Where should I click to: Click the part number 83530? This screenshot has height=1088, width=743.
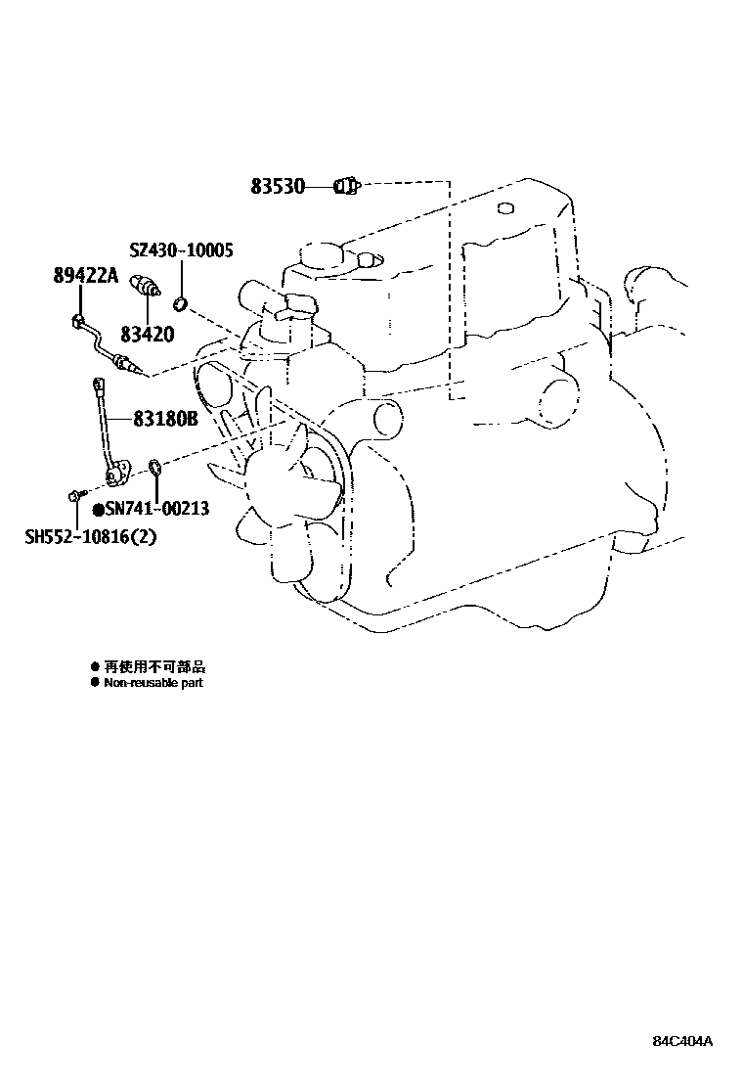(x=278, y=185)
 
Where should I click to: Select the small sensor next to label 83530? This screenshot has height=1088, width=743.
(x=347, y=184)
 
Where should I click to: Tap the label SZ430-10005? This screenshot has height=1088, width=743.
(x=181, y=251)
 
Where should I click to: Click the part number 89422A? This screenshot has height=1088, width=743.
(x=85, y=276)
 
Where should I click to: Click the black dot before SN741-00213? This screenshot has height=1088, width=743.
(x=98, y=509)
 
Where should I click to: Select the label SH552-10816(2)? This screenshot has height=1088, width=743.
(x=90, y=536)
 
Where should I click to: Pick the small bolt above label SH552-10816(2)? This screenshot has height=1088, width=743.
(x=75, y=497)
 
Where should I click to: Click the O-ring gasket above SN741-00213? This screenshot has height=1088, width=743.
(x=155, y=467)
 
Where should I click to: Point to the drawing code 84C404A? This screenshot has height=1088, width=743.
(x=683, y=1041)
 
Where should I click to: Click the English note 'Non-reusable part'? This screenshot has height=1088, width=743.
(x=153, y=683)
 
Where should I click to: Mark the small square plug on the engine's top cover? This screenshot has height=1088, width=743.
(x=504, y=207)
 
